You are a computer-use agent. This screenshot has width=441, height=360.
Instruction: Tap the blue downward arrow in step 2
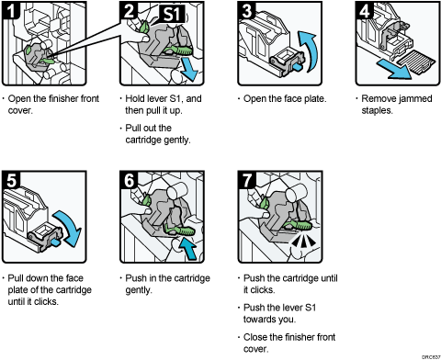click(188, 71)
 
